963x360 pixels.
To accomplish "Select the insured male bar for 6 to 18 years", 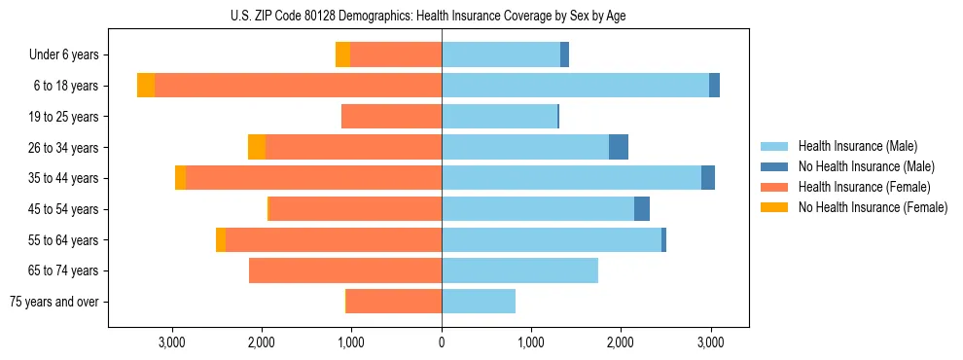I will point(575,86).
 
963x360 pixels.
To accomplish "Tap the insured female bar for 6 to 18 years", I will point(298,86).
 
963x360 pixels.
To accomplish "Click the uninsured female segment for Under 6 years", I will point(342,54).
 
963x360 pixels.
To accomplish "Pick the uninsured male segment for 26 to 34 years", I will point(619,147).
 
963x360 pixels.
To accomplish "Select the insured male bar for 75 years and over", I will point(479,302).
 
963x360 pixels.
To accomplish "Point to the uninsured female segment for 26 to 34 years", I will point(257,147).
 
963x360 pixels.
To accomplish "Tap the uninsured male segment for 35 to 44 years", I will point(708,178).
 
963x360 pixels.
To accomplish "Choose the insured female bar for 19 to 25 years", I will point(391,117).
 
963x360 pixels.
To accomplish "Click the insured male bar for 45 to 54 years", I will point(538,209).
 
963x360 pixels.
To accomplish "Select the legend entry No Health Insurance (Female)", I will point(873,207).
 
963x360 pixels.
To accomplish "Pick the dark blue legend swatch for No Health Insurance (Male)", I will point(774,166).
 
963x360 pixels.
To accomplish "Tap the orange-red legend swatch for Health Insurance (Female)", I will point(774,187).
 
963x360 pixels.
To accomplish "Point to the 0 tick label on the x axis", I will point(442,342).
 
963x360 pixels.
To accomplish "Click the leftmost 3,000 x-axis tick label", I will point(172,342).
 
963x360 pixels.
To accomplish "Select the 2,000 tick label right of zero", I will point(621,342).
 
